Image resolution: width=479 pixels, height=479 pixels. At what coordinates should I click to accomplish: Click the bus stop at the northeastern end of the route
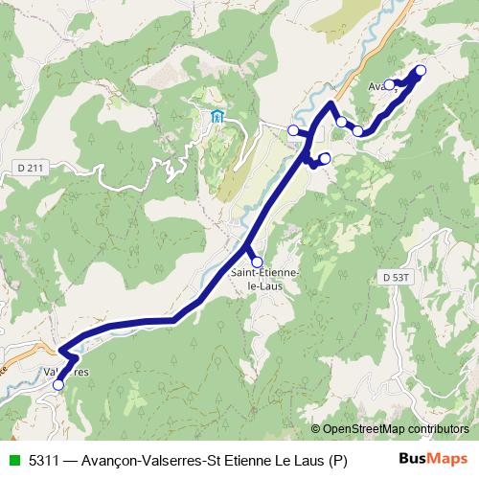(420, 71)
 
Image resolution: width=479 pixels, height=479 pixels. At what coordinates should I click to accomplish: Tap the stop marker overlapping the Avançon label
(389, 84)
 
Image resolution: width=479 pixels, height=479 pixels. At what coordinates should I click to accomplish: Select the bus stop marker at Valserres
(58, 384)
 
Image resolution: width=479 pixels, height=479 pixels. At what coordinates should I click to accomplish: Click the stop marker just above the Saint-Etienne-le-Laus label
(257, 262)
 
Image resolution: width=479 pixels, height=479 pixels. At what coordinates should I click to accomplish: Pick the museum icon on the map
(217, 116)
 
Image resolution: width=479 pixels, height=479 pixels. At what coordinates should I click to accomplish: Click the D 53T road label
(396, 277)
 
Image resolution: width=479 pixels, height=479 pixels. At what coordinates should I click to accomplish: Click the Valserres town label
(65, 372)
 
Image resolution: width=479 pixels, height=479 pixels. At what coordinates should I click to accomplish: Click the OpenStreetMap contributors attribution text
(399, 429)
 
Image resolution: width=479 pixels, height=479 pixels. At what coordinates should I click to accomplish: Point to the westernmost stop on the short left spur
(293, 130)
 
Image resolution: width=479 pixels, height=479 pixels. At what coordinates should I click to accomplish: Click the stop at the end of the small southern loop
(325, 158)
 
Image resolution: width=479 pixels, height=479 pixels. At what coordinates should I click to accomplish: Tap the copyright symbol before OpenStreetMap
(317, 429)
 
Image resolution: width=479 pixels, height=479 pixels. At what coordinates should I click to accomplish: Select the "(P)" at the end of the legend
(337, 460)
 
